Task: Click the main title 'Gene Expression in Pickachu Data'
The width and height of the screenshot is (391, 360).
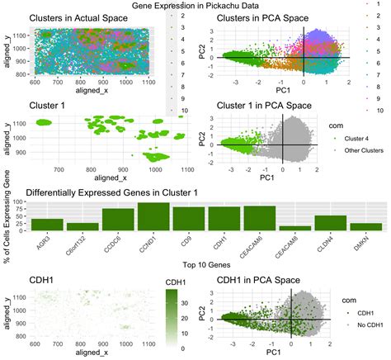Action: click(x=195, y=6)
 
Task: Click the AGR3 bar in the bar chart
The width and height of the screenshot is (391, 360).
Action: click(x=47, y=224)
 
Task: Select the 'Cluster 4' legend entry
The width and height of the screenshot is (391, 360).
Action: click(x=347, y=139)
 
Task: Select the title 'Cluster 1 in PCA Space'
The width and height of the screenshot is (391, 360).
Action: click(x=269, y=106)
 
